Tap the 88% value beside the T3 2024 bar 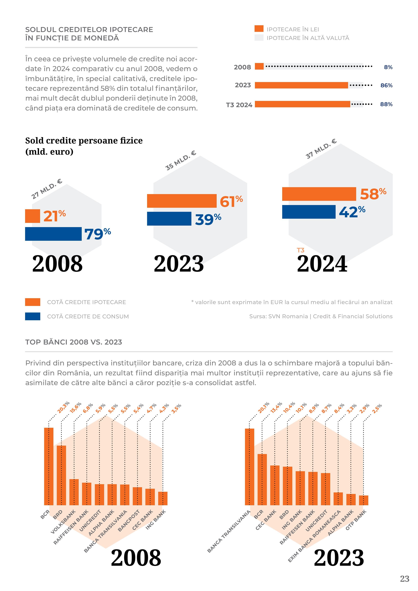pyautogui.click(x=386, y=104)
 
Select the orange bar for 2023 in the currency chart pyautogui.click(x=301, y=85)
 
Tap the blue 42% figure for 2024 pyautogui.click(x=352, y=212)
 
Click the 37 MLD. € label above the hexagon pyautogui.click(x=321, y=149)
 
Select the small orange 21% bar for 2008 pyautogui.click(x=32, y=216)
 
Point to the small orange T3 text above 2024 pyautogui.click(x=300, y=250)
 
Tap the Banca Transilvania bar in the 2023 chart pyautogui.click(x=249, y=467)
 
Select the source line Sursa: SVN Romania pyautogui.click(x=321, y=316)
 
